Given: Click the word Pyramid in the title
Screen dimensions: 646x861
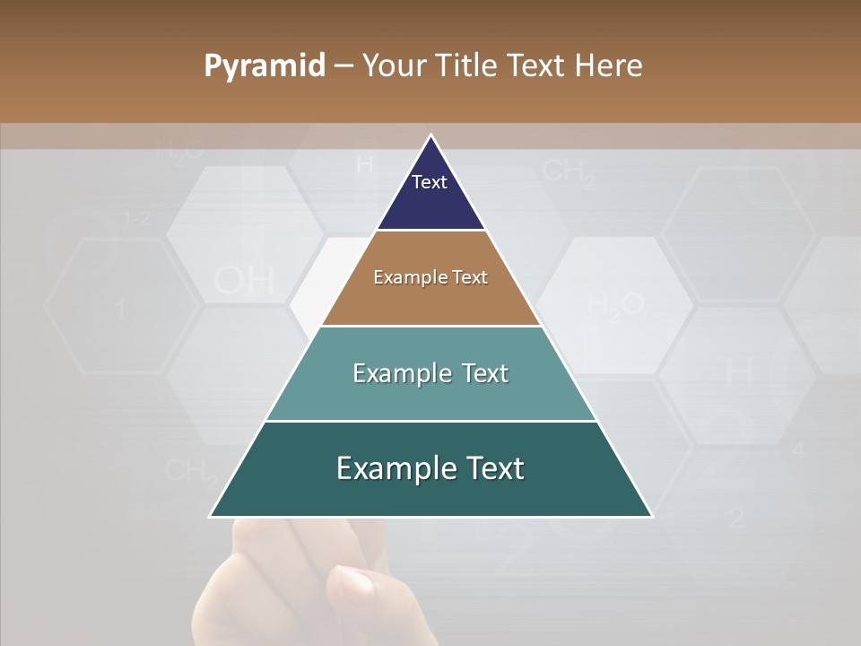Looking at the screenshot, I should [265, 66].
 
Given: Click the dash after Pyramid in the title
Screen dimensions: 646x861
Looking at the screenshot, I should [344, 66].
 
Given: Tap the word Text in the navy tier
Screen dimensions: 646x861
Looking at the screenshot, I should [430, 182].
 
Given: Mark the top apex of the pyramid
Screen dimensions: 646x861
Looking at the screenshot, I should [430, 135].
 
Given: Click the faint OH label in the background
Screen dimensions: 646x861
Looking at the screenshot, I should [244, 281].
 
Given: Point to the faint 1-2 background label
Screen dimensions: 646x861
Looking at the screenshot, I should [137, 217].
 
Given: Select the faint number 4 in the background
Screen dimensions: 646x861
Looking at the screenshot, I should [798, 450].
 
